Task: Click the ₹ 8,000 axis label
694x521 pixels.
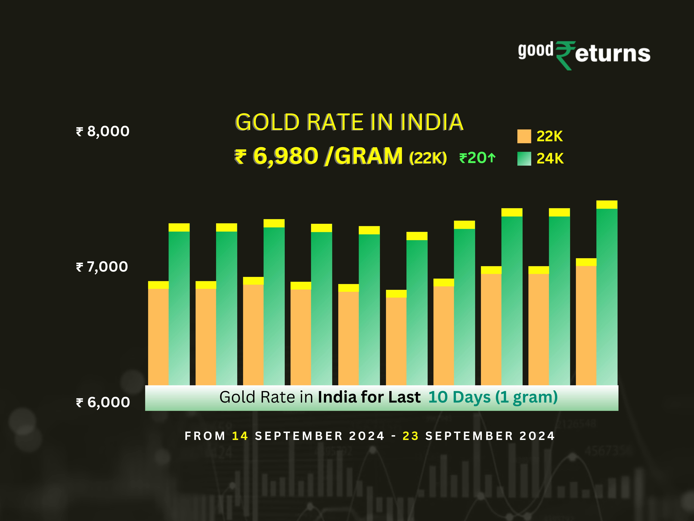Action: pyautogui.click(x=103, y=131)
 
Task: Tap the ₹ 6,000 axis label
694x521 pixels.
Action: pyautogui.click(x=103, y=402)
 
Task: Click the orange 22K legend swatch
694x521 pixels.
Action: pyautogui.click(x=524, y=136)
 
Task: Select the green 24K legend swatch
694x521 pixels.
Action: pyautogui.click(x=524, y=159)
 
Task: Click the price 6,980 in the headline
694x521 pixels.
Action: pyautogui.click(x=285, y=156)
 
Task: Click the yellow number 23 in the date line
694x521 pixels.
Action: pyautogui.click(x=410, y=436)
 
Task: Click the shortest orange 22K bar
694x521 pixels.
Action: pyautogui.click(x=396, y=341)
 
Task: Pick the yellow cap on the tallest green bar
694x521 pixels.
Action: pyautogui.click(x=607, y=204)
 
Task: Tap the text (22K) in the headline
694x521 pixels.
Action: pyautogui.click(x=428, y=158)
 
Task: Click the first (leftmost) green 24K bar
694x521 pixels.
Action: pyautogui.click(x=179, y=308)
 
